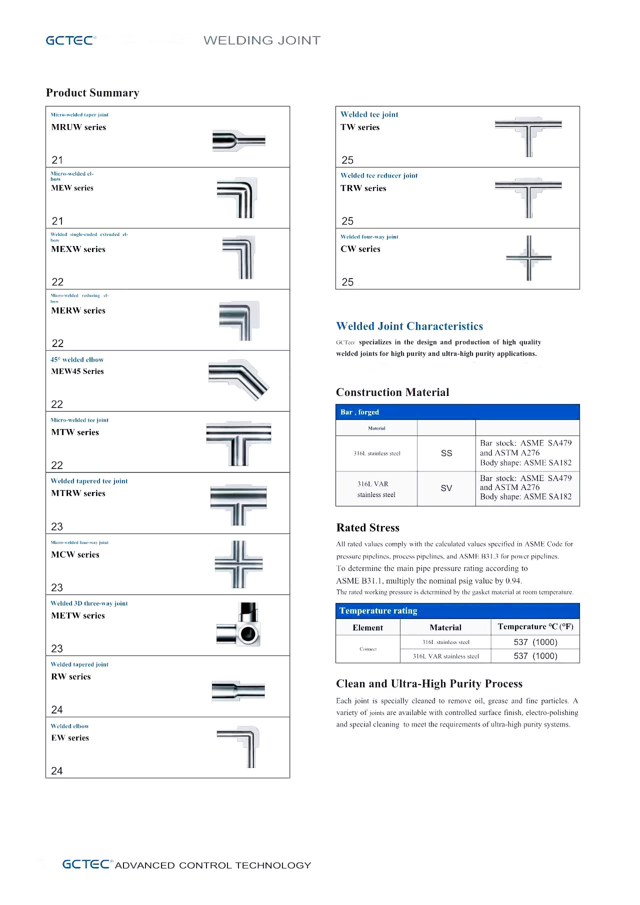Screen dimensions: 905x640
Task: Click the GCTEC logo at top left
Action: (70, 40)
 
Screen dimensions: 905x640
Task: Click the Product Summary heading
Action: (92, 93)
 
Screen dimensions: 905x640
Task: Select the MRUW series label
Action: (78, 127)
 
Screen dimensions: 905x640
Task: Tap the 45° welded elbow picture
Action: (238, 379)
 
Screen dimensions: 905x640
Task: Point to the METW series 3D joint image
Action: (239, 625)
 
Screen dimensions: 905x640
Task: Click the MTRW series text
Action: (78, 493)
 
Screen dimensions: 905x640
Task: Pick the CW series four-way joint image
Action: (528, 258)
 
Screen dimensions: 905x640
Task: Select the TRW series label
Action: (363, 188)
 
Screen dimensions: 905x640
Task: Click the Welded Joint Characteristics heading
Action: (409, 326)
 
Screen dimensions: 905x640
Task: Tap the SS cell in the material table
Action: (446, 453)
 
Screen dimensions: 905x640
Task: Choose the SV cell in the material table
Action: (446, 488)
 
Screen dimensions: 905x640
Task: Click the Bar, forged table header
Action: (359, 412)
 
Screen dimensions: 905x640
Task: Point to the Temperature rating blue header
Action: (378, 611)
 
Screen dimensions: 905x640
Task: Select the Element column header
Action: (367, 628)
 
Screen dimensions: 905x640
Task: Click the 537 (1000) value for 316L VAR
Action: (535, 656)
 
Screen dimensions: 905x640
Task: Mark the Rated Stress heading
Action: (367, 528)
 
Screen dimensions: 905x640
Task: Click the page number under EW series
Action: (57, 771)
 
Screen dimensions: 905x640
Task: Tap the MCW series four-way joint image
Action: (238, 564)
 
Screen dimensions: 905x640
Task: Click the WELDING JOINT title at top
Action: (262, 40)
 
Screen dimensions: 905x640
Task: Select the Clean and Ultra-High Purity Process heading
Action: (429, 684)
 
